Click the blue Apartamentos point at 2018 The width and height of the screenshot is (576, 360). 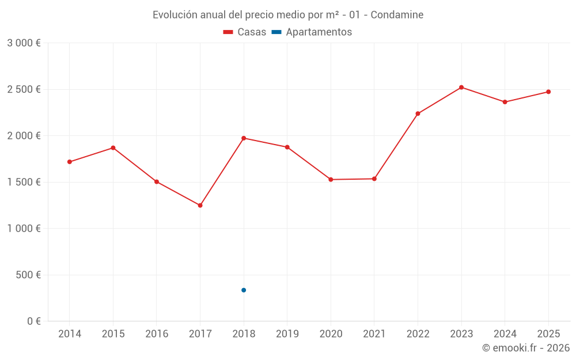point(244,290)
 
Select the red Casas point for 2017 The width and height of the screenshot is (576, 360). point(200,206)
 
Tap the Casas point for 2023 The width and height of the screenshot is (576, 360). point(461,88)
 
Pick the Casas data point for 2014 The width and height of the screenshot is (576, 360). point(70,162)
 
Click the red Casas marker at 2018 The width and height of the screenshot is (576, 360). point(244,138)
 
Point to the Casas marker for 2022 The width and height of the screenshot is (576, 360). point(418,113)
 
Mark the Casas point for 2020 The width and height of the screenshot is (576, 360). point(331,180)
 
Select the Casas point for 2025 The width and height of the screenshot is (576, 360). point(548,92)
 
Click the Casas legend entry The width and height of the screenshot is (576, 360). point(245,32)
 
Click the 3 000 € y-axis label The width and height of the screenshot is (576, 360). point(24,43)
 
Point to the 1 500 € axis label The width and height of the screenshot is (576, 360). point(24,182)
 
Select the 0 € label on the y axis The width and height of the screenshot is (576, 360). point(34,321)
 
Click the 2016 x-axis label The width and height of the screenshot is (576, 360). point(157,334)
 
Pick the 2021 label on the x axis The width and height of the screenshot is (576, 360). point(374,334)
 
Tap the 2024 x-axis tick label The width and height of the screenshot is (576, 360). point(505,334)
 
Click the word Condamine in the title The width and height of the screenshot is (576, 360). point(397,15)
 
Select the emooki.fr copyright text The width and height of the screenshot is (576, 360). point(526,348)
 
